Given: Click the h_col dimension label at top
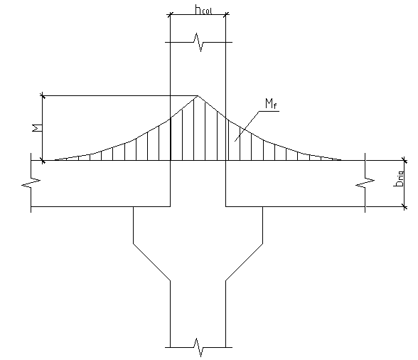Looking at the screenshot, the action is [203, 10].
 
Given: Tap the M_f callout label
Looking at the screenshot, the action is [271, 104].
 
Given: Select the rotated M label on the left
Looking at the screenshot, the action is [37, 128].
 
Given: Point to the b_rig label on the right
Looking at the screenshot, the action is [399, 179].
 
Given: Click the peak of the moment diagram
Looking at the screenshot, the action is [198, 95].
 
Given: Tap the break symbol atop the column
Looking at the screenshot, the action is [198, 42].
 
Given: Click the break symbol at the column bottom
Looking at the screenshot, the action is [198, 347].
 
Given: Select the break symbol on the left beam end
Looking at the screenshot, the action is [31, 182].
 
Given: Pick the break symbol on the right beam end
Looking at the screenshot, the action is [365, 182].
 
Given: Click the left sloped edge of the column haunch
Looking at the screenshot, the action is [151, 262].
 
